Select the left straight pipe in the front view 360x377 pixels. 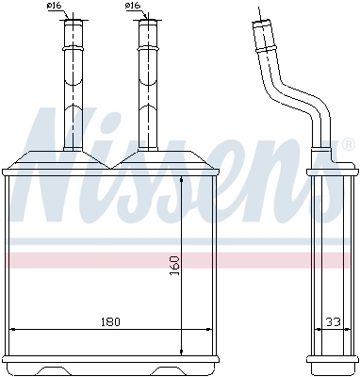[73, 90]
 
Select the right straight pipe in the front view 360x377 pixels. [147, 90]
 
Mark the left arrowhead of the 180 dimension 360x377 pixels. [13, 330]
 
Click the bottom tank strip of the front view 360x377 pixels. [111, 362]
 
